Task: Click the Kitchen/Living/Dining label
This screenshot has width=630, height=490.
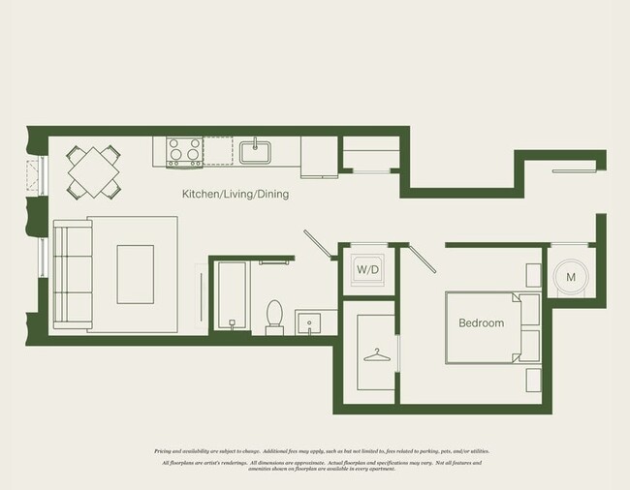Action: pyautogui.click(x=236, y=194)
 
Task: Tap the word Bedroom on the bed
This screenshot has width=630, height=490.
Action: pyautogui.click(x=481, y=323)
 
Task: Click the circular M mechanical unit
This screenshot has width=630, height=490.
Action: pyautogui.click(x=571, y=278)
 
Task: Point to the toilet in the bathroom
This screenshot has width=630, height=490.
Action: pyautogui.click(x=274, y=317)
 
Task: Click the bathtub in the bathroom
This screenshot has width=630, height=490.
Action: pyautogui.click(x=229, y=296)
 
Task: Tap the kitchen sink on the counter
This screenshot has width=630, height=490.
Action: pyautogui.click(x=256, y=151)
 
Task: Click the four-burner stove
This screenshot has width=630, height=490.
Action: pyautogui.click(x=184, y=151)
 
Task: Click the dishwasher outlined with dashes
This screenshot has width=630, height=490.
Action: pyautogui.click(x=219, y=151)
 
